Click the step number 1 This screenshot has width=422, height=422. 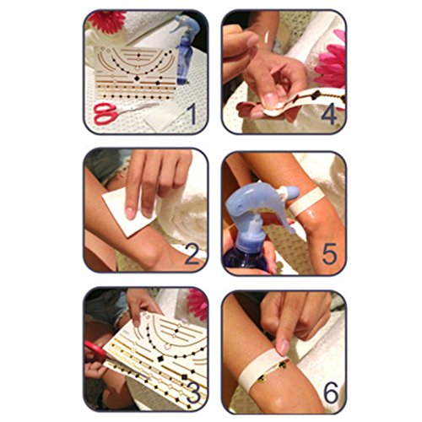(x=192, y=114)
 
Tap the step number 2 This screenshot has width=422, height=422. (x=192, y=255)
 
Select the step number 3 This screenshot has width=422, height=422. (x=194, y=392)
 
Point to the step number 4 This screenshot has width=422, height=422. (x=329, y=114)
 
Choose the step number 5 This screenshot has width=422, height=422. (x=329, y=253)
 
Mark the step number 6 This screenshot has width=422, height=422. (x=331, y=392)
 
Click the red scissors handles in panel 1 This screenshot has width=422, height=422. (x=105, y=114)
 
